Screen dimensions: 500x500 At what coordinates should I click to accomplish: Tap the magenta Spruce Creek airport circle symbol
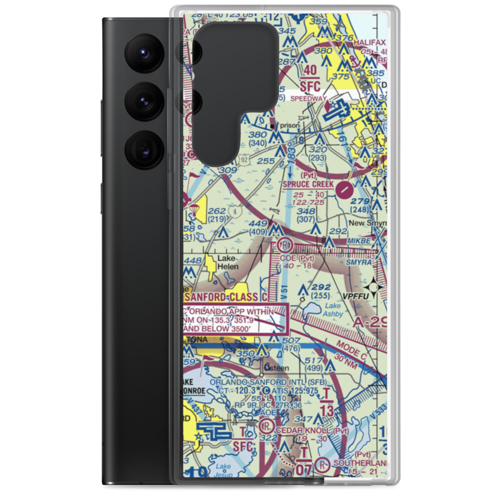pyautogui.click(x=344, y=189)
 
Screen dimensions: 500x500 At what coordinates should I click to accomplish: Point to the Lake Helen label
pyautogui.click(x=227, y=262)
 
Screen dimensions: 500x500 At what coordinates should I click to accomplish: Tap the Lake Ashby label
pyautogui.click(x=333, y=310)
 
